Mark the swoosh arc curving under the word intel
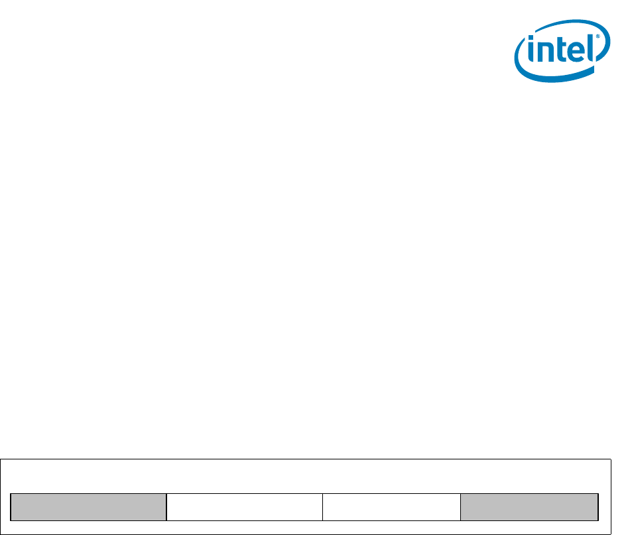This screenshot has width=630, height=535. pos(557,76)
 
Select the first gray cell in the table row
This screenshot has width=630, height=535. pos(88,506)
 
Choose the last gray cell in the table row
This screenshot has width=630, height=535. pos(530,506)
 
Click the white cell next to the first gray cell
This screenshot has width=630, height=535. pos(244,506)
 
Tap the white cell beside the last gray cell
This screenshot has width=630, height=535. pos(391,506)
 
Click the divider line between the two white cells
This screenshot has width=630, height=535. pos(322,506)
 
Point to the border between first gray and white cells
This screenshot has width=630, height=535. pos(166,506)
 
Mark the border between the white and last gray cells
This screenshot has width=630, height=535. pos(461,506)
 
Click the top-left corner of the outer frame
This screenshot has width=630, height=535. pos(1,459)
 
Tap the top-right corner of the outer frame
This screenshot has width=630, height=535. pos(609,459)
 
